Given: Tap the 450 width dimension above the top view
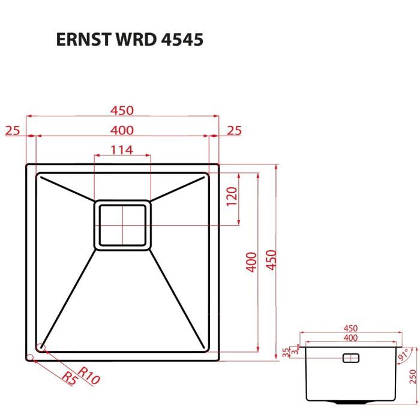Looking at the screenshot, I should [x=122, y=111].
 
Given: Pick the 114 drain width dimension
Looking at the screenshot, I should [x=122, y=151].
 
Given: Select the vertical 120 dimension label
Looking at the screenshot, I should [x=232, y=196].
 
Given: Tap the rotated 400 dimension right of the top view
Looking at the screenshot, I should [x=253, y=262].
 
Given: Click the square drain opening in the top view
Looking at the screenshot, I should [x=122, y=224].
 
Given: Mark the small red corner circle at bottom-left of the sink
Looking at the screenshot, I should [x=41, y=347].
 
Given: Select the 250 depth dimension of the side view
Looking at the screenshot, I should [x=412, y=376].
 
